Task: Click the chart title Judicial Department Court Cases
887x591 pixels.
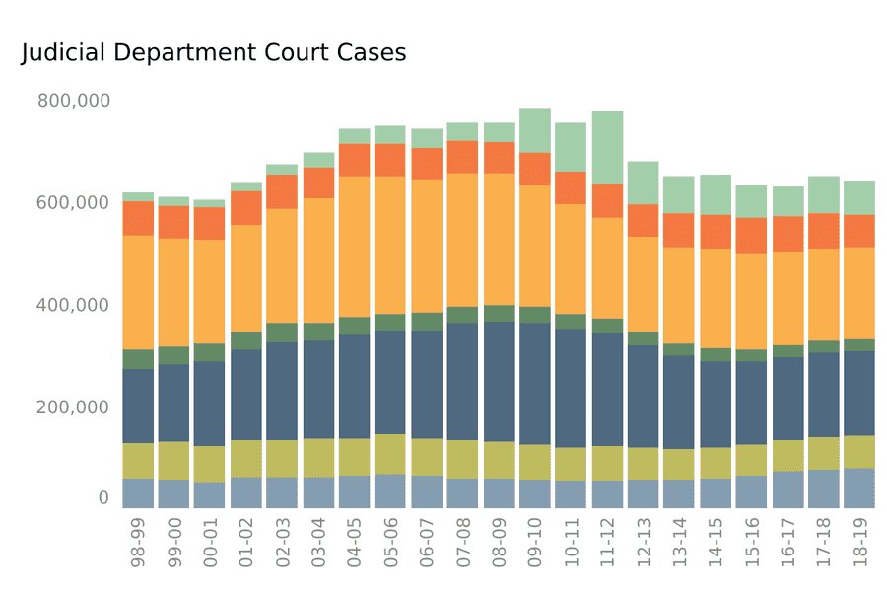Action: pyautogui.click(x=213, y=53)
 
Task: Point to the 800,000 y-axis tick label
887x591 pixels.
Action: pyautogui.click(x=73, y=101)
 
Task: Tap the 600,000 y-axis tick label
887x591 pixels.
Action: pyautogui.click(x=73, y=202)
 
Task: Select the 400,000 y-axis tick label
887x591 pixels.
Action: pyautogui.click(x=73, y=305)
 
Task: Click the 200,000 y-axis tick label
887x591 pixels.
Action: pyautogui.click(x=73, y=406)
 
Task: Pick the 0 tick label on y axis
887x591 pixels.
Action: pyautogui.click(x=102, y=498)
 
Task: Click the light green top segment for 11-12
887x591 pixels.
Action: pyautogui.click(x=607, y=147)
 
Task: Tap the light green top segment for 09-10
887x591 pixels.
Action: pyautogui.click(x=535, y=130)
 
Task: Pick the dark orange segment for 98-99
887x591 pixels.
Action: pyautogui.click(x=138, y=218)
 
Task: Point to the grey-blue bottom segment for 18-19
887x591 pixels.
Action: pyautogui.click(x=859, y=487)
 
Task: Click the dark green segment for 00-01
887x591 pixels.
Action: pyautogui.click(x=210, y=352)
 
